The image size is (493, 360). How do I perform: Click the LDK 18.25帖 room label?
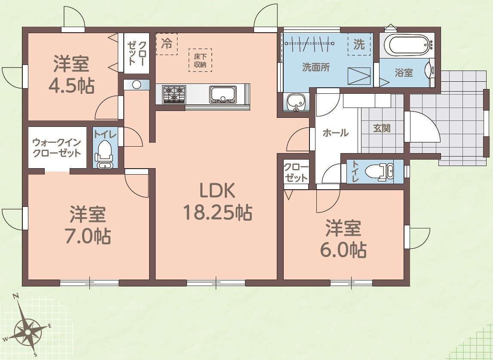point(217,201)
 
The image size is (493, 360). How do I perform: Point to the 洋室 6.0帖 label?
point(343,238)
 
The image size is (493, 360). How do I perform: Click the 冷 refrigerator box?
point(166,43)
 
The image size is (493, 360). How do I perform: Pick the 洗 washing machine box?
point(359,44)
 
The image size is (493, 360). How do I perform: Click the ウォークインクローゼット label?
point(57,147)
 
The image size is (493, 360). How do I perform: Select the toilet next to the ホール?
point(380,171)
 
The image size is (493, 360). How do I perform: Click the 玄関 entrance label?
point(381,128)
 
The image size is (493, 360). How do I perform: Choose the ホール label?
point(335,133)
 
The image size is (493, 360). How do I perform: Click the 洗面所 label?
point(316,68)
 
